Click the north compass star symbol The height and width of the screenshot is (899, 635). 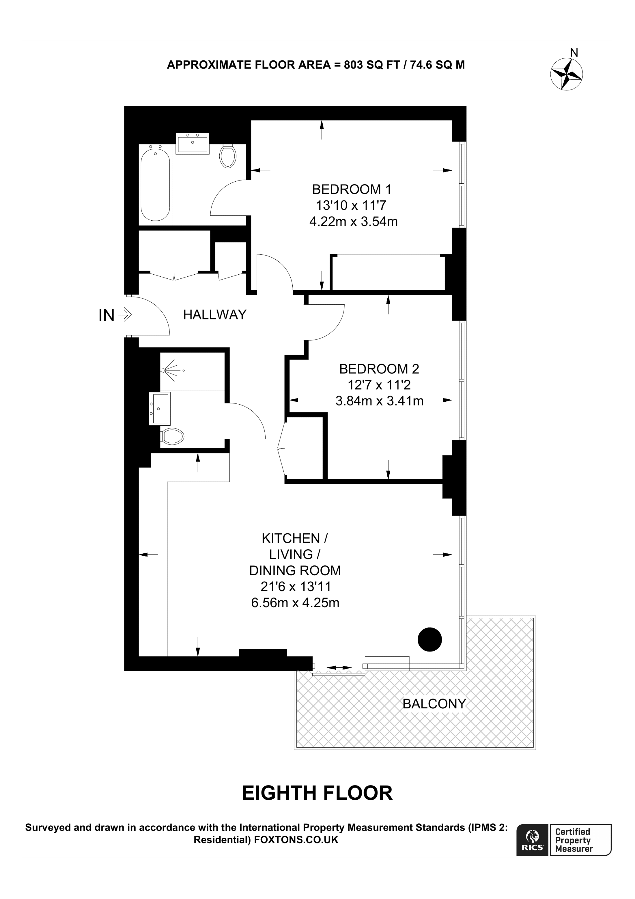(567, 74)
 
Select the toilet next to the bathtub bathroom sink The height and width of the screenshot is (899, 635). (228, 156)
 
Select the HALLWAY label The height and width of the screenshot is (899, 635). (215, 314)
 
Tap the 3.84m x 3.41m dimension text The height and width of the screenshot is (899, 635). (380, 401)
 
